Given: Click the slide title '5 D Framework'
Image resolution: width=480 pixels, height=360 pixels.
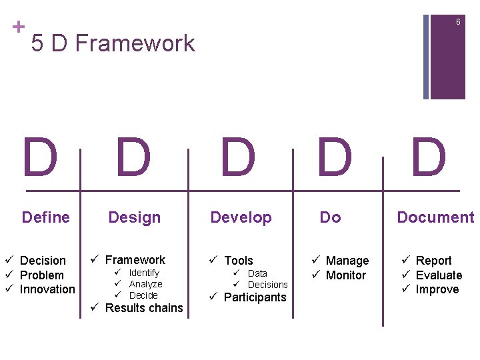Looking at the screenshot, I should coord(113,44).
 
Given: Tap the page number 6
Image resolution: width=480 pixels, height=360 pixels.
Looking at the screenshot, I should coord(458,23).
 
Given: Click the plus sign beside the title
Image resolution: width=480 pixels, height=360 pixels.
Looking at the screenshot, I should coord(19,27).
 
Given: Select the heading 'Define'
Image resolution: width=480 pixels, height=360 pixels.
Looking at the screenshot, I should coord(46,217).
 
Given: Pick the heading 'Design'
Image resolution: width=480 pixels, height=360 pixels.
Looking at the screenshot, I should coord(135,217).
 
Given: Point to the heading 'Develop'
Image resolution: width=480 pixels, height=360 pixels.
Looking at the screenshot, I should coord(241,217).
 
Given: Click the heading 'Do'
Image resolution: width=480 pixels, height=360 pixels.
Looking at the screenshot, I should coord(330,217).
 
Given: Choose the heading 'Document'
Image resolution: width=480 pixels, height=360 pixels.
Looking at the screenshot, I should coord(435,217).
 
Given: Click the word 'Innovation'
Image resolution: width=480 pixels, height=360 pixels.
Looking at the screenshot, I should coord(47,289).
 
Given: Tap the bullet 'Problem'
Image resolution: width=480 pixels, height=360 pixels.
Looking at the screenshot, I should coord(42,275).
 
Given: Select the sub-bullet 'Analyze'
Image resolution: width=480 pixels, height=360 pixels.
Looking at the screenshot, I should coord(145,284).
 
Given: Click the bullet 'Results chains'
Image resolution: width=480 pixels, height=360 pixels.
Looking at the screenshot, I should coord(144,308).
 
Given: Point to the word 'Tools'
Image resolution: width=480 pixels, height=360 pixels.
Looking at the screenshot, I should coord(239,261).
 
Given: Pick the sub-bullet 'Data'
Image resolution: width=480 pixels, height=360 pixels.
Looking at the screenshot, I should coord(257,273).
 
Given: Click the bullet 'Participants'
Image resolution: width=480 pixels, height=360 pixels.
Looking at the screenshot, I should coord(255,297).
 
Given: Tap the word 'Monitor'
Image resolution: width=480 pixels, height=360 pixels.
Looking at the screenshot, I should coord(346,275).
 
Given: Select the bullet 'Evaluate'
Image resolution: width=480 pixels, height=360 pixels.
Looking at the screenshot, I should coord(439,275).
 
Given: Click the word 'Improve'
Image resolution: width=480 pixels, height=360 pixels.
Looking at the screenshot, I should coord(437,289).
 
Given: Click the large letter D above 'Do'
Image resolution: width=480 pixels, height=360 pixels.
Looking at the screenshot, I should coord(334,158).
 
